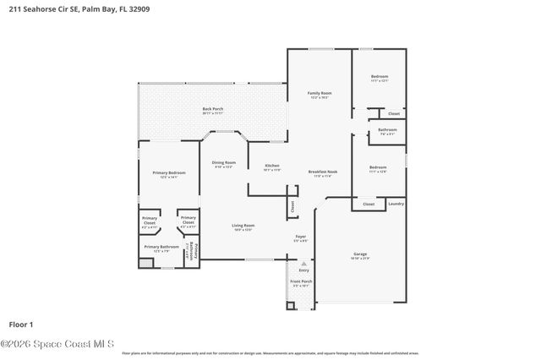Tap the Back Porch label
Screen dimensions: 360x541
[x=212, y=108]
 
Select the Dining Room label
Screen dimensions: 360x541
[x=223, y=162]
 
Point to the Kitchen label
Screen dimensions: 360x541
[x=271, y=165]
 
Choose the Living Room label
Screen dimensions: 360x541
[x=243, y=225]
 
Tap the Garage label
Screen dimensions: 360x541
[x=360, y=253]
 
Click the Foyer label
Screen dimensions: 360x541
[x=300, y=236]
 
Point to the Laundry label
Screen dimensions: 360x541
[x=396, y=204]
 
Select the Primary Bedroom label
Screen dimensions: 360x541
[x=169, y=172]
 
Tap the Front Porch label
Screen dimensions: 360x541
[x=301, y=281]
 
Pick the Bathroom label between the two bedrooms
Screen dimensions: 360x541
[x=387, y=129]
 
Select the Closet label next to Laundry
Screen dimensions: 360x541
[x=369, y=204]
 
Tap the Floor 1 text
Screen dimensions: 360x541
[x=20, y=324]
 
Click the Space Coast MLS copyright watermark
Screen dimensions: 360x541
[x=57, y=343]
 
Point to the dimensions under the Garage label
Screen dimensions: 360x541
[x=360, y=258]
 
